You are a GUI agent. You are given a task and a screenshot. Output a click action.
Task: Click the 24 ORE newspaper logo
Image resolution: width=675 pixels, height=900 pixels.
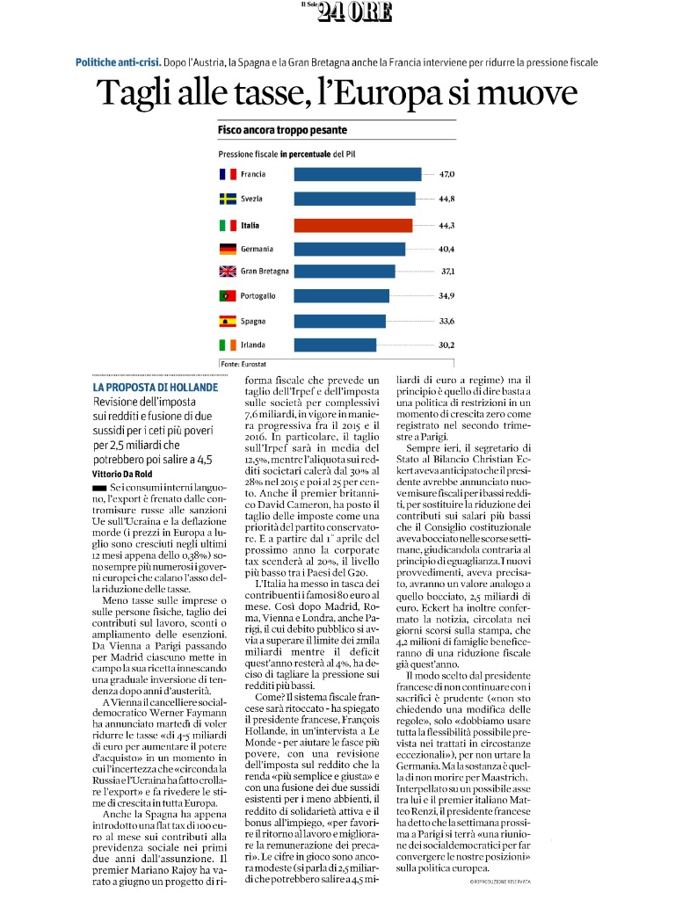(347, 11)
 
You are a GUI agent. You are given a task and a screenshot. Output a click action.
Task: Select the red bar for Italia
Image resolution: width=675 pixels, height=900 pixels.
(353, 226)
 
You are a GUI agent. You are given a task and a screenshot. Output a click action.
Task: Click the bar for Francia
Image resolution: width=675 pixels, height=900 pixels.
(358, 174)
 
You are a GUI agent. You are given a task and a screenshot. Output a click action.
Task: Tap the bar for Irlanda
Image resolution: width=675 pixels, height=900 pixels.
(335, 345)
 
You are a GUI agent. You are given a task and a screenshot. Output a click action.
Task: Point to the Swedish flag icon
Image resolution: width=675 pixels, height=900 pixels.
(228, 199)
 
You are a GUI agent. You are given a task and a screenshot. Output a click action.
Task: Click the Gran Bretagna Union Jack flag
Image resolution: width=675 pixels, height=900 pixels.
(228, 271)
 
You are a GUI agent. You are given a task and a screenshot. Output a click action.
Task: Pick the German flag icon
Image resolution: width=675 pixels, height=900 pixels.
(228, 249)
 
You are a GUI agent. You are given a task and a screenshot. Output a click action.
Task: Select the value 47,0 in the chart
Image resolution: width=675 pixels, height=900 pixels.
(446, 174)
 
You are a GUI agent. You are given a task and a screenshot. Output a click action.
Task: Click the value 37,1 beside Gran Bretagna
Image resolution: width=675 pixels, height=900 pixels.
(447, 271)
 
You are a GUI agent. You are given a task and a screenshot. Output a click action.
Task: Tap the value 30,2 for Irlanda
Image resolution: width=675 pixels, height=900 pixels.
(446, 345)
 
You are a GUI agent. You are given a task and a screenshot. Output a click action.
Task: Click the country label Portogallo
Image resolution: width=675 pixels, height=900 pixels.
(258, 296)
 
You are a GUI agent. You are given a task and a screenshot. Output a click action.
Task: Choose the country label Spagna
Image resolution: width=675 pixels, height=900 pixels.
(253, 322)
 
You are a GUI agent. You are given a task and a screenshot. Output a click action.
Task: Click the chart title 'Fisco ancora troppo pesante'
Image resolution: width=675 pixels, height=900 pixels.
(282, 130)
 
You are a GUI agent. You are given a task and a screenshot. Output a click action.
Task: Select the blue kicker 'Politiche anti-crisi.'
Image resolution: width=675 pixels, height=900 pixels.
(119, 62)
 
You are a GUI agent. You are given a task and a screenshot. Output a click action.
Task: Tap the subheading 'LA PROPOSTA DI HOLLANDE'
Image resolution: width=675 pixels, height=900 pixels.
(156, 388)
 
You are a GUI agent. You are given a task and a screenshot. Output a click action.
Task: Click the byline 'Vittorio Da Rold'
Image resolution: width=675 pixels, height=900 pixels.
(122, 474)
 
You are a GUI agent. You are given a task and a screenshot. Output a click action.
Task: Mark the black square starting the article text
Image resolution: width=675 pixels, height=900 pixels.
(99, 488)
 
